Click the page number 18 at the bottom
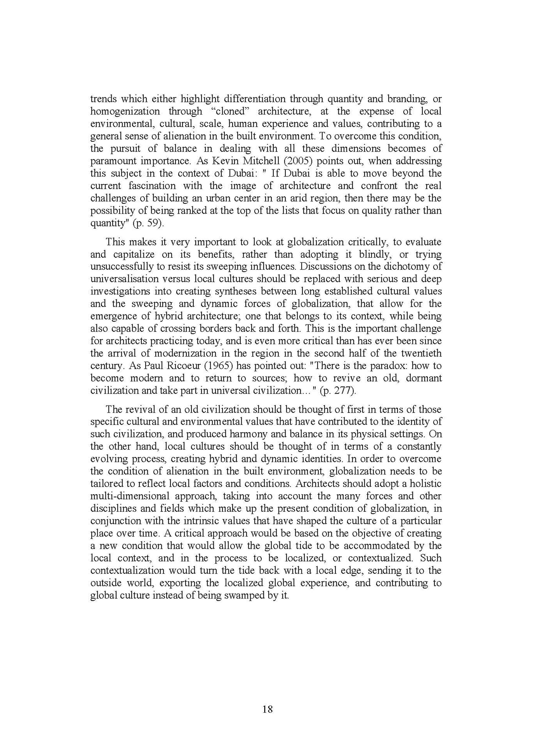pos(267,709)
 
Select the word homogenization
pos(125,111)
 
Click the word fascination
pos(152,186)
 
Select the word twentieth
pos(421,353)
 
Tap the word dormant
pos(424,378)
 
